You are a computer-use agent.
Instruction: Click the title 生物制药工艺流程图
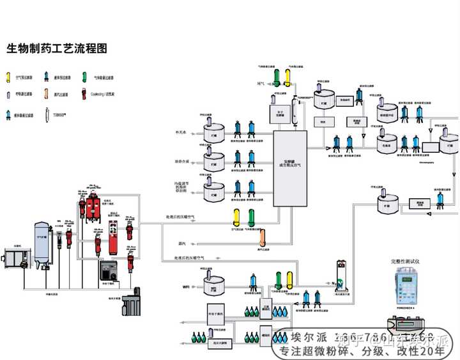[57, 49]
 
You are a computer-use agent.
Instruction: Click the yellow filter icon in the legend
[9, 77]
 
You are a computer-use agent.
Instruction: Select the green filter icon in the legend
[84, 77]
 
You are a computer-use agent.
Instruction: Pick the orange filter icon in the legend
[47, 94]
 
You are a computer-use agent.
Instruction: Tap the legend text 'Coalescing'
[100, 94]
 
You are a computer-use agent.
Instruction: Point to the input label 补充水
[181, 132]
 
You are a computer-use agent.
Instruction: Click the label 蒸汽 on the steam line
[181, 243]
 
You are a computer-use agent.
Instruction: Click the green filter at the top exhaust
[276, 76]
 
